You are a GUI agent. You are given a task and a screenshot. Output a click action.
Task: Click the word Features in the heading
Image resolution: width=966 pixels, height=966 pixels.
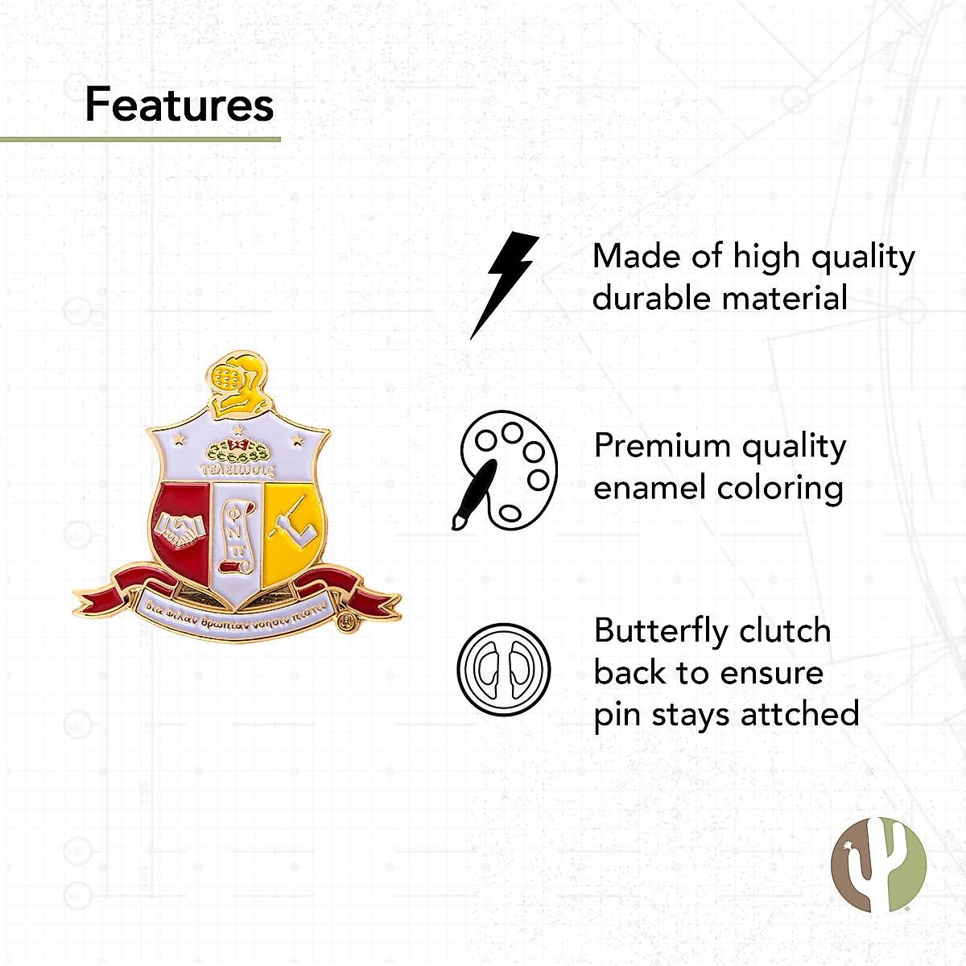pyautogui.click(x=180, y=105)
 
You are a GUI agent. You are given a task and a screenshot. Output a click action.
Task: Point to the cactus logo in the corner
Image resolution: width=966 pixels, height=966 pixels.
pyautogui.click(x=879, y=864)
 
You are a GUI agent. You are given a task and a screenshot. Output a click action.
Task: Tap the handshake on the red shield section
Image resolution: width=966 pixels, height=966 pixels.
pyautogui.click(x=180, y=527)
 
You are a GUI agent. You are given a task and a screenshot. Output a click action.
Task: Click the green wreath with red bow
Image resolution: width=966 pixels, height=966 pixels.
pyautogui.click(x=237, y=449)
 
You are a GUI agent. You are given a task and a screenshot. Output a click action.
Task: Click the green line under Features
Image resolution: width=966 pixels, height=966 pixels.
pyautogui.click(x=140, y=139)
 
